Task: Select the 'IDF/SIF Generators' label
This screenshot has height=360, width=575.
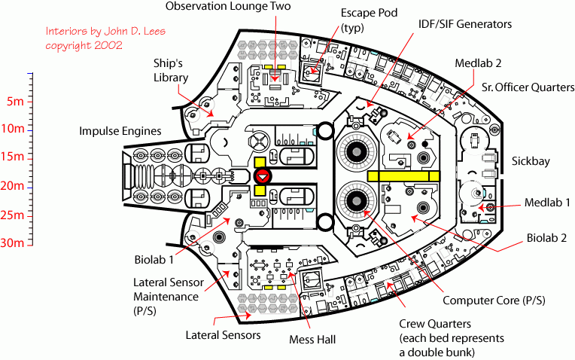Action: pos(465,24)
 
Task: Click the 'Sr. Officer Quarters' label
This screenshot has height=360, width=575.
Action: pos(528,87)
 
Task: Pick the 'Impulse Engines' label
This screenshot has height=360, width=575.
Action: pos(120,131)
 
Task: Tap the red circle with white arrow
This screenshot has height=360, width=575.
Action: pos(263,176)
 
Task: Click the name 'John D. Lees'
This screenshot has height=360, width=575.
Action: pos(131,32)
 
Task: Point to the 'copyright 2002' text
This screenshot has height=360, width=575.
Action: pos(84,45)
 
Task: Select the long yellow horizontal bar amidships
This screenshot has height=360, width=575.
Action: pos(403,175)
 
